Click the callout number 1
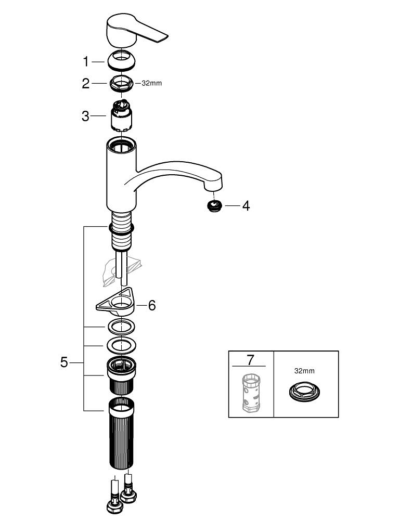[x=86, y=62]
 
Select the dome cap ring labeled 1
[x=122, y=61]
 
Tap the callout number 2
[x=86, y=83]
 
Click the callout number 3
[x=86, y=116]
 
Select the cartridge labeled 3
[x=122, y=117]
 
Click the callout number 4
[x=246, y=206]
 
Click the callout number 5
[x=64, y=362]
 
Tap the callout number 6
[x=152, y=305]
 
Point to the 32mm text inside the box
[x=305, y=371]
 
